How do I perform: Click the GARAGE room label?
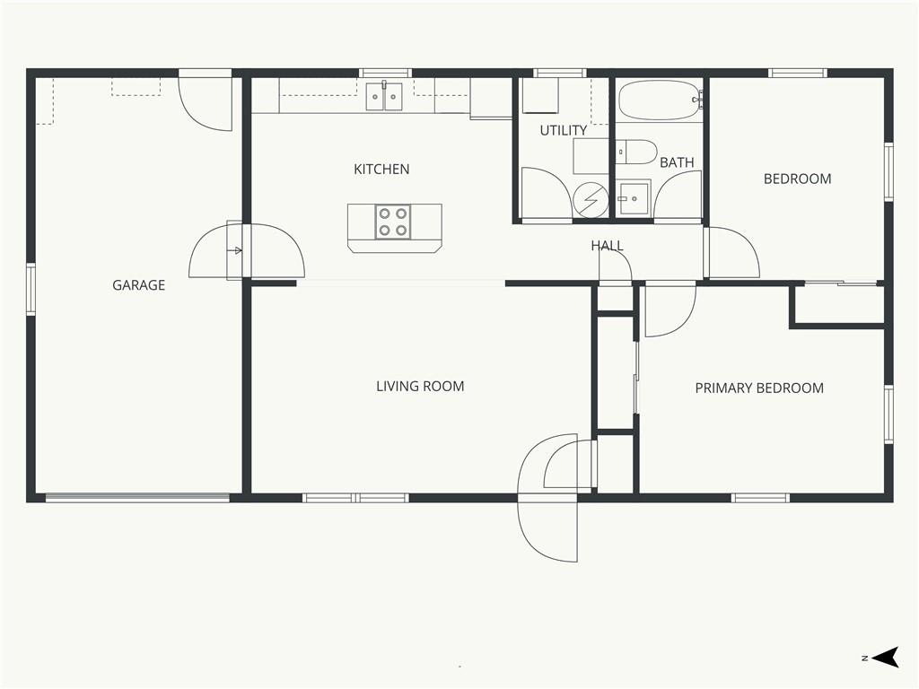tap(138, 285)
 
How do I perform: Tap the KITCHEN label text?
tap(381, 170)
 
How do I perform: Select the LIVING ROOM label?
tap(420, 386)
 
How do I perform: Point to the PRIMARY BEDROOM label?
tap(759, 388)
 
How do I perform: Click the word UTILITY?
tap(564, 130)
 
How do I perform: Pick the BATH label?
tap(677, 162)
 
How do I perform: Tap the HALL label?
tap(608, 246)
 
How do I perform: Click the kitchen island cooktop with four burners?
tap(393, 222)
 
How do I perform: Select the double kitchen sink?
tap(384, 97)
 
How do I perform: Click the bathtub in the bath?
tap(660, 100)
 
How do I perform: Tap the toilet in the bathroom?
tap(636, 152)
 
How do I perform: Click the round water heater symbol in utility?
tap(591, 199)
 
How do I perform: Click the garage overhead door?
tap(137, 498)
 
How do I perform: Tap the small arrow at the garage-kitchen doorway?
tap(237, 251)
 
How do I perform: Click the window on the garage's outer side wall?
tap(31, 290)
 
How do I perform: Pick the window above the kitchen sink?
tap(385, 74)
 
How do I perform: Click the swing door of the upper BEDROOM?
tap(732, 252)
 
